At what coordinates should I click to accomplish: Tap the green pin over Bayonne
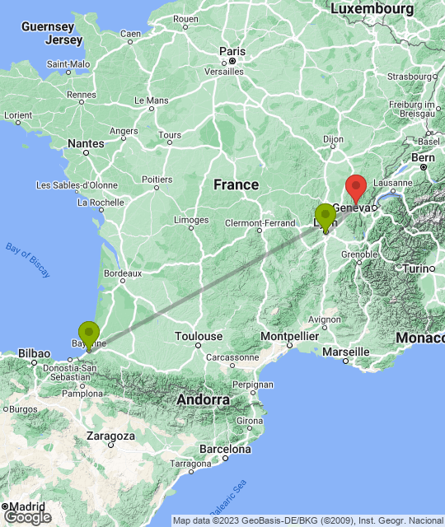click(x=88, y=333)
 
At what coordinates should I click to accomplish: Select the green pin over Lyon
click(x=326, y=217)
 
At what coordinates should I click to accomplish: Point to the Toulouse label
click(x=199, y=336)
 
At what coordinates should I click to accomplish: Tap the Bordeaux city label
click(x=123, y=273)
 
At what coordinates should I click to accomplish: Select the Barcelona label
click(x=224, y=450)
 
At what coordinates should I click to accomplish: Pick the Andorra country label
click(x=202, y=399)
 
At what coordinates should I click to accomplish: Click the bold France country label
click(x=237, y=184)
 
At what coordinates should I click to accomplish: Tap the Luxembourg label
click(x=371, y=8)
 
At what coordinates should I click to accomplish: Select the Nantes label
click(x=87, y=143)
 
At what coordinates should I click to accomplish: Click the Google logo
click(x=27, y=517)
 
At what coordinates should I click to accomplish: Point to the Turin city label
click(x=418, y=269)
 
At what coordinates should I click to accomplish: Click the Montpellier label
click(x=288, y=336)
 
